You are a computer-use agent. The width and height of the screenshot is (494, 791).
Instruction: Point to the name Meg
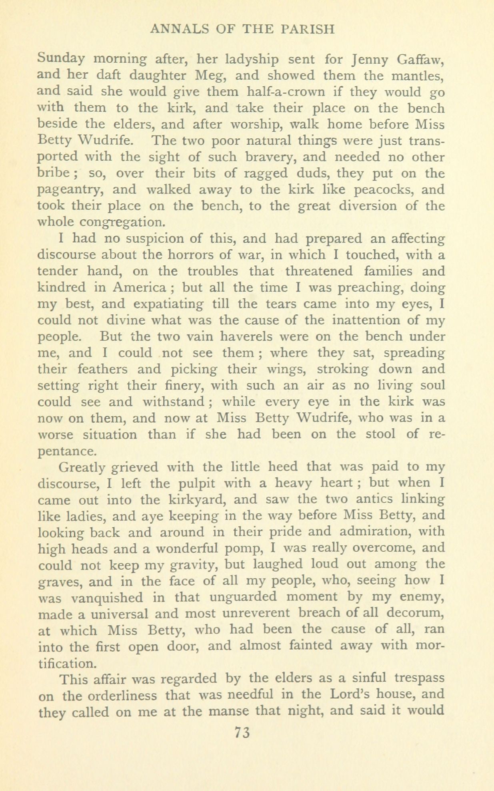point(226,76)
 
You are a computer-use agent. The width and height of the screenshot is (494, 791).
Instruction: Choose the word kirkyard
point(194,500)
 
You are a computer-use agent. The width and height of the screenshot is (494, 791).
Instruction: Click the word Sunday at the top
point(61,60)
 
